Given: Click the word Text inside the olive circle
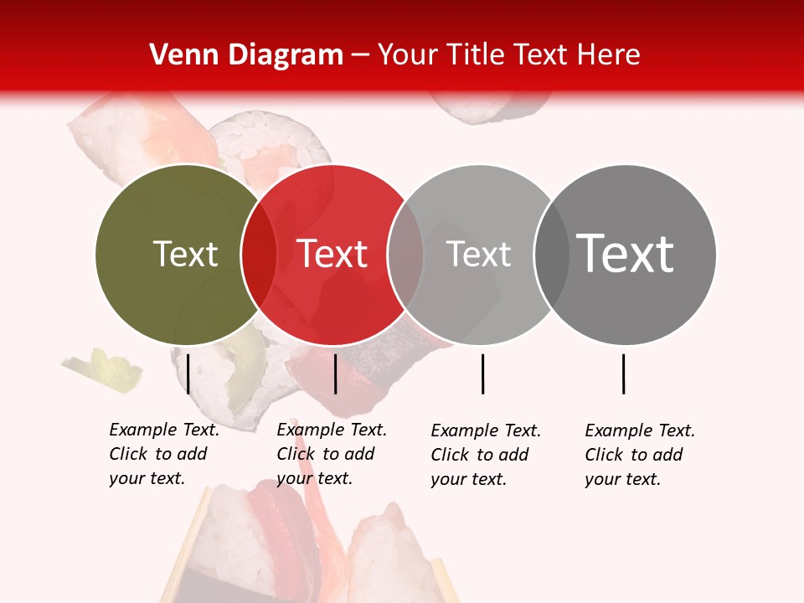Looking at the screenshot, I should tap(185, 255).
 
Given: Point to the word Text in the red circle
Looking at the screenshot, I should tap(332, 255).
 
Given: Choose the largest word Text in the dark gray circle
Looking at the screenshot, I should tap(625, 254).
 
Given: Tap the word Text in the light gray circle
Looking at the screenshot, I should tap(478, 255).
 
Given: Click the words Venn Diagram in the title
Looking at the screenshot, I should tap(246, 55).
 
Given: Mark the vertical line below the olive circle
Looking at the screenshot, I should tap(188, 374).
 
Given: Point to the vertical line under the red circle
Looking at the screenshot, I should tap(336, 374).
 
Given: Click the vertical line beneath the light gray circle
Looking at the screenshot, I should tap(483, 374).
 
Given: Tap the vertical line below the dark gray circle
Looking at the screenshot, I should tap(624, 374).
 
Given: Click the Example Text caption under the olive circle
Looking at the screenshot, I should tap(163, 454).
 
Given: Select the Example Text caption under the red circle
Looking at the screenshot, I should tap(331, 454).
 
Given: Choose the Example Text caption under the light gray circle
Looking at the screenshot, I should tap(485, 455).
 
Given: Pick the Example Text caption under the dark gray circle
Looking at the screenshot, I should tap(639, 455).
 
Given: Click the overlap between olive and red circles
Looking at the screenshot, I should tap(259, 255).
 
